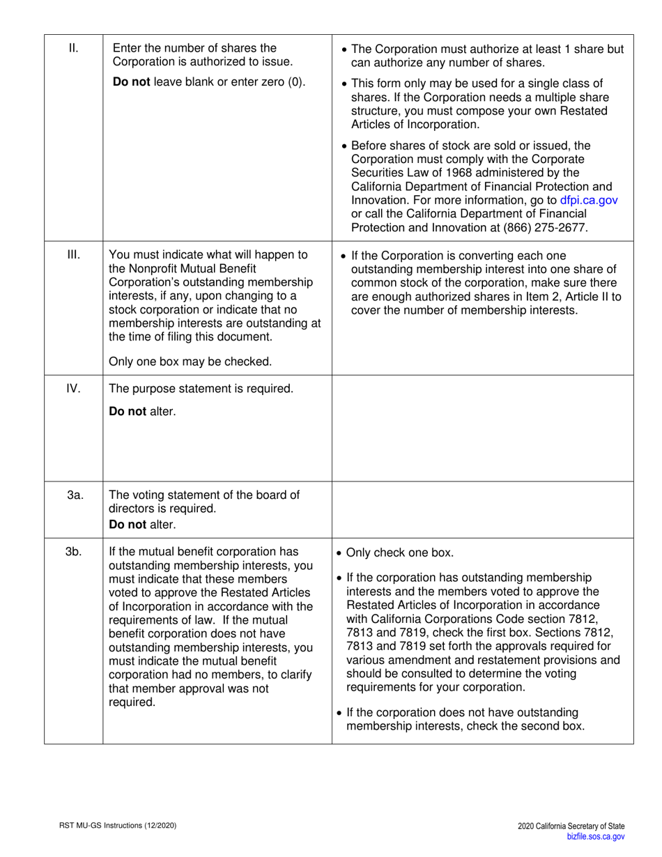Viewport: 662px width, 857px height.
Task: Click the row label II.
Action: (x=73, y=48)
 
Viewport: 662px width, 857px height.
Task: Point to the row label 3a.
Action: (x=75, y=495)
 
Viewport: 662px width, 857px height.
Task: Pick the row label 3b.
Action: (x=74, y=553)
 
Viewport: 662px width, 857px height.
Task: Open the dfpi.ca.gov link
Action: (x=589, y=200)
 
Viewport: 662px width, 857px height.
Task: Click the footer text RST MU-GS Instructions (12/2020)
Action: (x=117, y=826)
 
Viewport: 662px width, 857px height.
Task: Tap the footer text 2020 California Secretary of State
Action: (x=571, y=826)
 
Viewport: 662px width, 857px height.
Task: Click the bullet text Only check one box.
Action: (x=399, y=554)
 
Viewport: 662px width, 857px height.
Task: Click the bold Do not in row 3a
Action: (x=128, y=524)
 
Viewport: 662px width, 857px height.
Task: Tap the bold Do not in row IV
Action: (x=128, y=411)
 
